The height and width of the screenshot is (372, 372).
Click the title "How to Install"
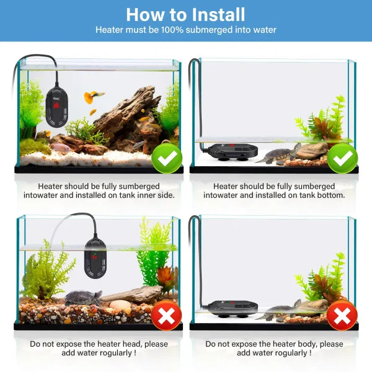pyautogui.click(x=185, y=15)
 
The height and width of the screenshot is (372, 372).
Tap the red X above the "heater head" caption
pyautogui.click(x=167, y=316)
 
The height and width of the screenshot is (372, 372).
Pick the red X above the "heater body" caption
pyautogui.click(x=342, y=316)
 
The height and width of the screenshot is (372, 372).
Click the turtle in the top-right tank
pyautogui.click(x=279, y=154)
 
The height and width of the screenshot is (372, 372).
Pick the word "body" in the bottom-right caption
pyautogui.click(x=309, y=344)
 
